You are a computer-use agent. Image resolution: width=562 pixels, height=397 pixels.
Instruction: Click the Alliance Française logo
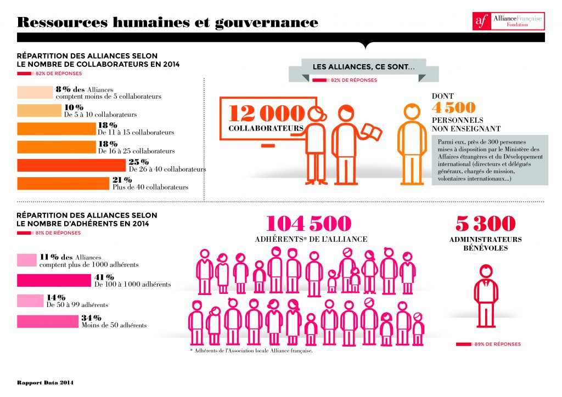pyautogui.click(x=508, y=21)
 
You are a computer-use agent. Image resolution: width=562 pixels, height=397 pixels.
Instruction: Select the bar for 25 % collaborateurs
pyautogui.click(x=71, y=166)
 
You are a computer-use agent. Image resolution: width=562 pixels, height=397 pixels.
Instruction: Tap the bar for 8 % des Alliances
pyautogui.click(x=35, y=92)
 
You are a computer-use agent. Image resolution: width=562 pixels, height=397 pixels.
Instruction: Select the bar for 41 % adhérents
pyautogui.click(x=53, y=280)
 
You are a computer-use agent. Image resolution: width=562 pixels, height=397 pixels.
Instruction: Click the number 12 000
pyautogui.click(x=266, y=112)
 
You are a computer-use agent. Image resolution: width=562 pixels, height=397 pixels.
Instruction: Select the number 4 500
pyautogui.click(x=453, y=107)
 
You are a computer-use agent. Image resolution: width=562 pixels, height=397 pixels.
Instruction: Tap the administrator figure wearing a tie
pyautogui.click(x=486, y=296)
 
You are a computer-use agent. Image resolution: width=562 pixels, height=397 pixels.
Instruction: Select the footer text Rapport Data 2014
pyautogui.click(x=44, y=382)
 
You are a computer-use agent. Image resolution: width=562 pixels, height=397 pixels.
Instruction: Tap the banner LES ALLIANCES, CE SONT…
pyautogui.click(x=363, y=66)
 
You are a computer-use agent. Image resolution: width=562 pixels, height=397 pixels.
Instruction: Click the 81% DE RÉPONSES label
pyautogui.click(x=49, y=233)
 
